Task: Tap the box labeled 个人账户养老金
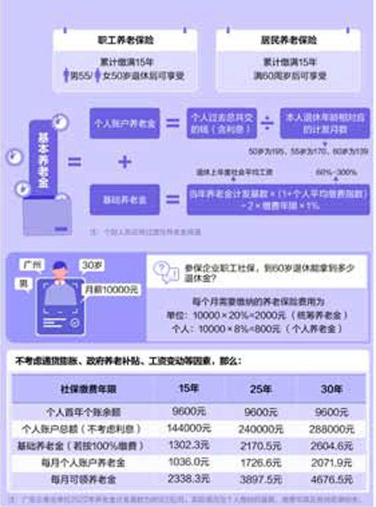point(125,123)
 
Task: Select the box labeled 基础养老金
point(125,200)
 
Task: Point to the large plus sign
point(125,162)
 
